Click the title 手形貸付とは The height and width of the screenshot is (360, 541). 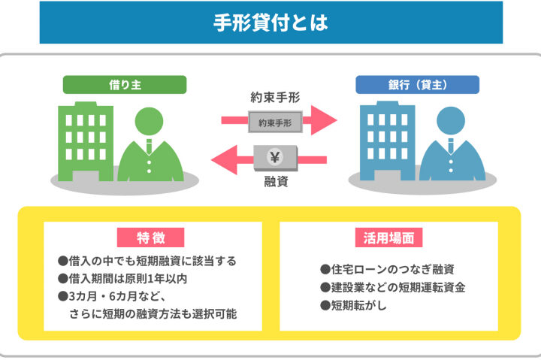(x=270, y=23)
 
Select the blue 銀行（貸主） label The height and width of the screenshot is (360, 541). (x=416, y=84)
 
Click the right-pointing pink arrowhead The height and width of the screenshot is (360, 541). (x=325, y=120)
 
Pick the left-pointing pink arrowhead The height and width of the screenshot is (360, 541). (x=225, y=159)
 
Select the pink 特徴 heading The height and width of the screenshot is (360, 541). (x=151, y=237)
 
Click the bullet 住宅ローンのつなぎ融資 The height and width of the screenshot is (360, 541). (x=388, y=269)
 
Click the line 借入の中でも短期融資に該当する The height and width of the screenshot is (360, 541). (x=147, y=261)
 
